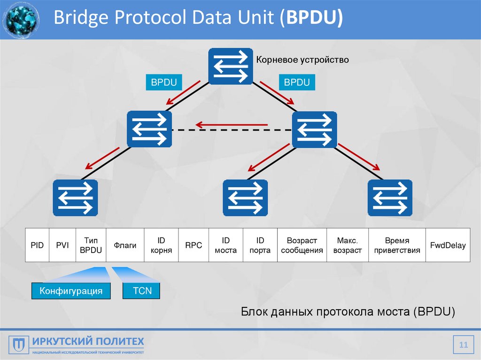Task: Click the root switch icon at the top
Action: point(231,66)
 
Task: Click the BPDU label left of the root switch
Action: point(163,83)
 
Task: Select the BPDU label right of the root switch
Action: point(297,83)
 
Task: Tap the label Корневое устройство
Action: point(302,60)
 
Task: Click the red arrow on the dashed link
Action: point(232,125)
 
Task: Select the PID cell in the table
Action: point(37,245)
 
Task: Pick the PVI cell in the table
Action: point(62,245)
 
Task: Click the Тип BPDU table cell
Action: point(91,245)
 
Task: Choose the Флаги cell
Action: point(125,245)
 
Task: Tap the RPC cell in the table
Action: point(193,245)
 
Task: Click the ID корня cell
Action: point(161,245)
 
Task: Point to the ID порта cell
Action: point(260,245)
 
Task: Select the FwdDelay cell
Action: point(448,245)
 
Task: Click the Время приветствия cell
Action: point(397,245)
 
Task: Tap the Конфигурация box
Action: point(71,291)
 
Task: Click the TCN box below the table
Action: point(142,291)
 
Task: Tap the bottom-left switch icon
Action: point(75,198)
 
